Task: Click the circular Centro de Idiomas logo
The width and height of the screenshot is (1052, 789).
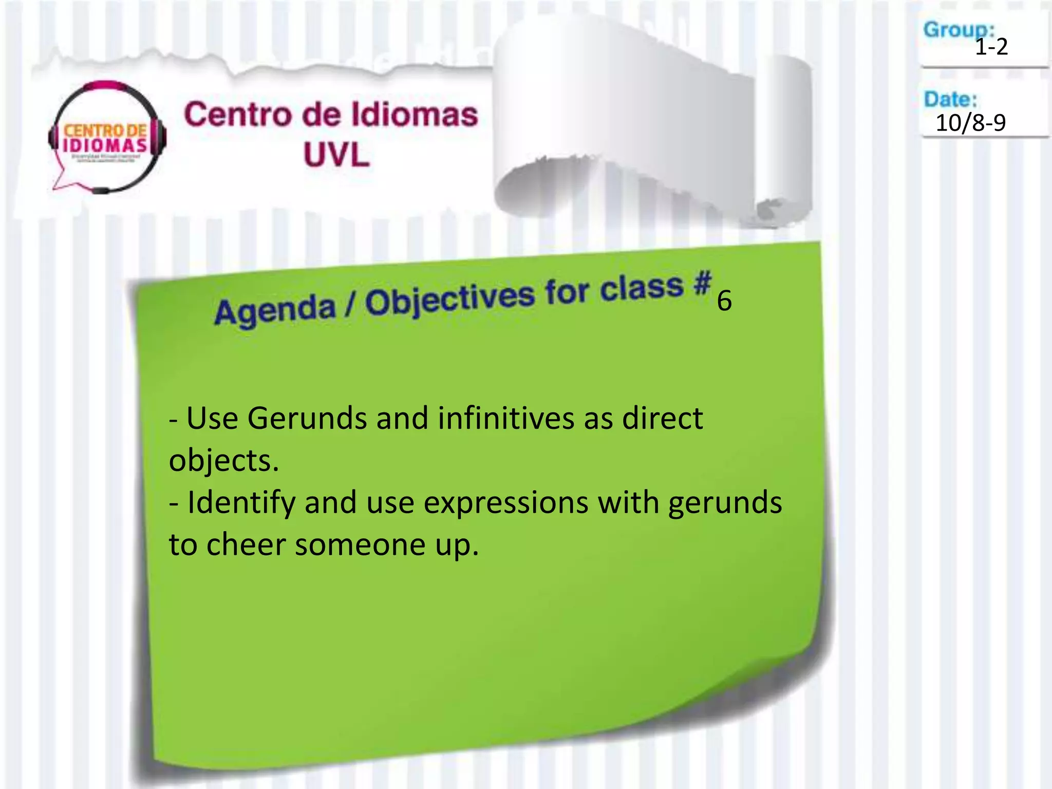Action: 107,138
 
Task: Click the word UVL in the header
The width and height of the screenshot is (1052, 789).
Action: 336,155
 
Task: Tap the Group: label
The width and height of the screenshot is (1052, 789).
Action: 959,30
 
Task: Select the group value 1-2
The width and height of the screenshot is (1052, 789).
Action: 991,47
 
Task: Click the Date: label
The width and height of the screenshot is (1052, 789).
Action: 950,99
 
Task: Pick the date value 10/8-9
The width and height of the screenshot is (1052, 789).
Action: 970,123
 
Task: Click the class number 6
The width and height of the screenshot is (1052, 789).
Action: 724,301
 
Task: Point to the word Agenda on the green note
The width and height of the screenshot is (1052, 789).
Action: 275,310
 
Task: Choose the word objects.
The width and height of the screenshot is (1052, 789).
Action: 224,461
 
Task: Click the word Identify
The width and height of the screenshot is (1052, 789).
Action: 241,502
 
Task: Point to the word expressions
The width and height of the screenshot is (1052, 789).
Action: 506,503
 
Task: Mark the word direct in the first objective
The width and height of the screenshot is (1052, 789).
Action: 663,418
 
